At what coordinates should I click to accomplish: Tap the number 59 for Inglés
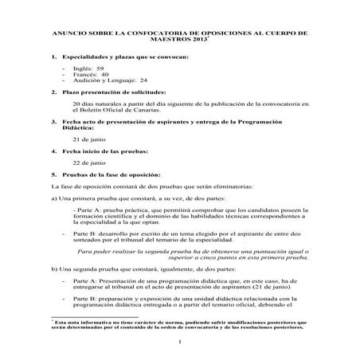tap(100, 69)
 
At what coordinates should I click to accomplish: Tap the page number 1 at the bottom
tap(180, 342)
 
